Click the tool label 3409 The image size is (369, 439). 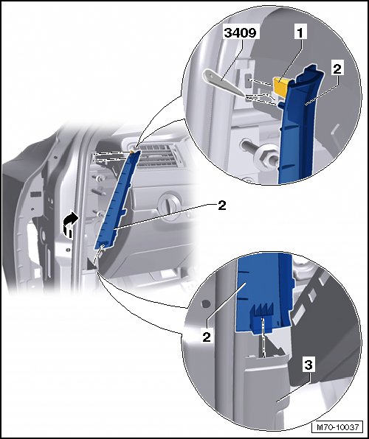(x=240, y=32)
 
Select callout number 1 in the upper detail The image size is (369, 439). (x=300, y=32)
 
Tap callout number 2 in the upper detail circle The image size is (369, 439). (x=337, y=69)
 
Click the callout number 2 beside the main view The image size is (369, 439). (x=222, y=206)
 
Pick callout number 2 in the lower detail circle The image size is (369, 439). (x=207, y=337)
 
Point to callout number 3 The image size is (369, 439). (x=308, y=365)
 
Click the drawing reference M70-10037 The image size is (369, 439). (x=337, y=427)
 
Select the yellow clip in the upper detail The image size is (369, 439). (x=280, y=86)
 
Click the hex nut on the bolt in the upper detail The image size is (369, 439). (x=263, y=159)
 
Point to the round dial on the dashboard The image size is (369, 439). (x=169, y=203)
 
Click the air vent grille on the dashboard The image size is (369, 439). (x=158, y=156)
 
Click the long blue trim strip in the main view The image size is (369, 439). (x=117, y=200)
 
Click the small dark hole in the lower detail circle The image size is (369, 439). (x=206, y=303)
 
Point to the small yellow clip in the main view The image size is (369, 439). (x=133, y=151)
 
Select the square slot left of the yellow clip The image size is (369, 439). (x=249, y=82)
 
